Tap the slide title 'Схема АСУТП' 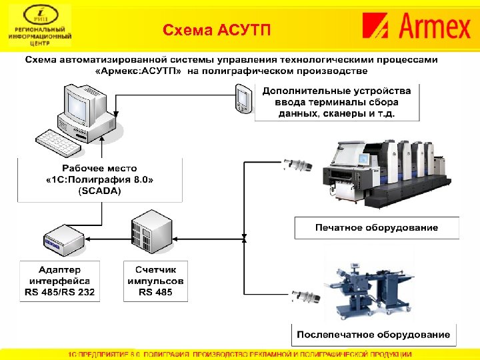click(x=217, y=31)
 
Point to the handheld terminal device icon click(x=242, y=99)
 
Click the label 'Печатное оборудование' click(x=377, y=227)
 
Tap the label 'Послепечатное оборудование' click(x=373, y=334)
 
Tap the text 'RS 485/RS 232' click(x=60, y=292)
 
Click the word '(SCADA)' click(x=99, y=190)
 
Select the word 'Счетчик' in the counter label click(x=155, y=269)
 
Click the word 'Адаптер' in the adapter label click(x=60, y=269)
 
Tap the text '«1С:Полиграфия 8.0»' click(x=99, y=179)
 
